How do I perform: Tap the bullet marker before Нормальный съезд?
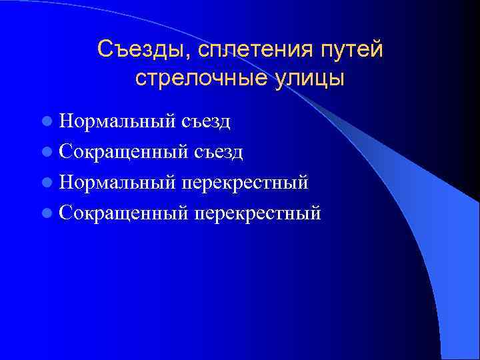coord(46,122)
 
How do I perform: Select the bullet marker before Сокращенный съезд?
coord(46,153)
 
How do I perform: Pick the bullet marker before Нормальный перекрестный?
coord(46,183)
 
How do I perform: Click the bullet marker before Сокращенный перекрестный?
coord(46,213)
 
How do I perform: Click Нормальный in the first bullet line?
coord(117,122)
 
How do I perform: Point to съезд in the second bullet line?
coord(219,153)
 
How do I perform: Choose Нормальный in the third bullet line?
coord(117,183)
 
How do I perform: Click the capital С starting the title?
coord(105,49)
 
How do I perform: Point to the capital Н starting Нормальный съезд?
coord(65,122)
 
